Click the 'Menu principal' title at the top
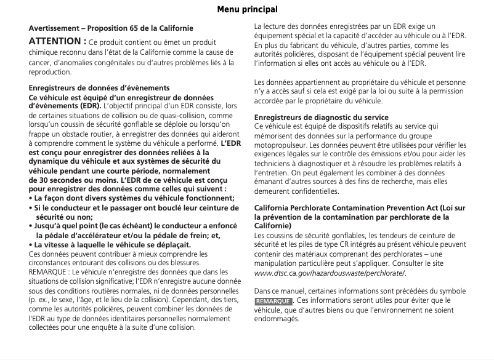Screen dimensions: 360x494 click(247, 10)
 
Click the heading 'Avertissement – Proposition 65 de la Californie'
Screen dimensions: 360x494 click(111, 28)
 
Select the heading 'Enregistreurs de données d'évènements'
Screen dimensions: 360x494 click(99, 88)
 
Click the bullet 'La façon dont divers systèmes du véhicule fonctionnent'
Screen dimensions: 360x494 click(132, 198)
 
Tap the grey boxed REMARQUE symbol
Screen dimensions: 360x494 click(273, 301)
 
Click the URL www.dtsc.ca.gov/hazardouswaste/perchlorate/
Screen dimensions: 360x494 click(330, 273)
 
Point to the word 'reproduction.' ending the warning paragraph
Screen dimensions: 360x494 click(50, 72)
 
